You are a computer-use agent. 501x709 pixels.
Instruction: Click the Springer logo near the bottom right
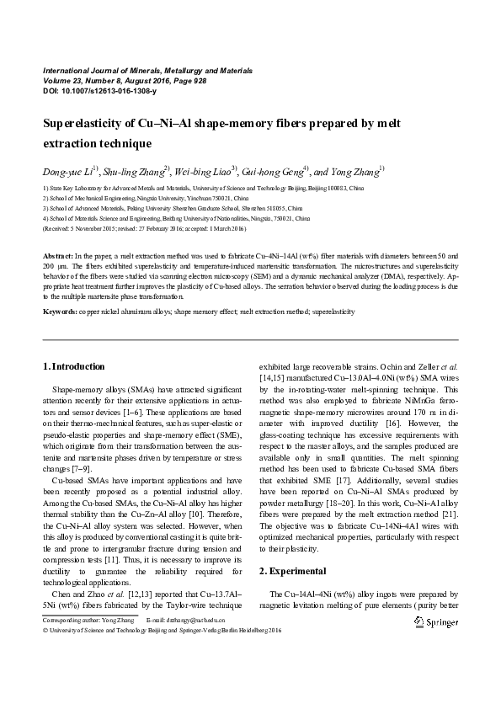(x=436, y=622)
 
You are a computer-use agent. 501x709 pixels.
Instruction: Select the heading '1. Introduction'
(x=74, y=366)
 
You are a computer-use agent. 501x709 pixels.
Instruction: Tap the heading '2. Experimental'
(x=287, y=570)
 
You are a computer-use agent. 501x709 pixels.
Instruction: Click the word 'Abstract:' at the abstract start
(x=58, y=254)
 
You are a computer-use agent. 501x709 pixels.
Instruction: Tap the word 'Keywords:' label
(x=60, y=312)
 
